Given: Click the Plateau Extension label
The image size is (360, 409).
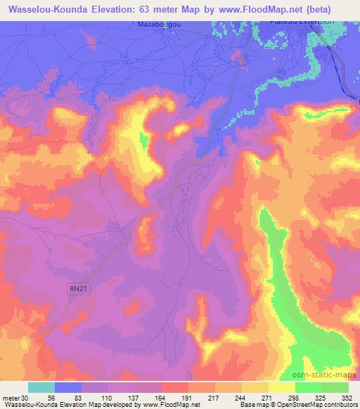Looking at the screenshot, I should pyautogui.click(x=312, y=22).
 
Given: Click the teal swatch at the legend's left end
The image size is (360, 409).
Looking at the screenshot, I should pyautogui.click(x=41, y=388).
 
